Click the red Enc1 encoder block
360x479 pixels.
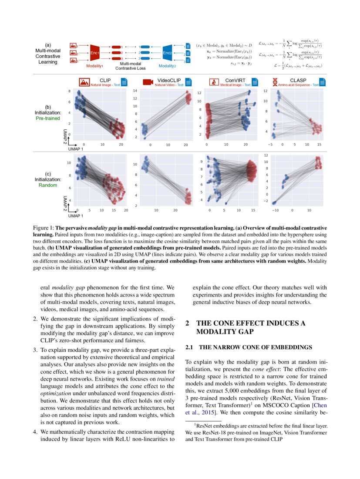click(x=95, y=53)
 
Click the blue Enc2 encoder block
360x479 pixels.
click(x=166, y=53)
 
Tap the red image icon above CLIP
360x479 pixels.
click(x=84, y=82)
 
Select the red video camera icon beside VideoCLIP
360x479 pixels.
click(x=148, y=82)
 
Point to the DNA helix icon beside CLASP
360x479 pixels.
click(x=275, y=82)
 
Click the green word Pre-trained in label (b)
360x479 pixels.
click(x=48, y=118)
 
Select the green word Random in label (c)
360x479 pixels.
click(x=48, y=185)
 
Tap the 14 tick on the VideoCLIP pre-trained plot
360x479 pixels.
click(x=135, y=91)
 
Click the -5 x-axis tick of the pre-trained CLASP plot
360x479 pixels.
click(x=270, y=144)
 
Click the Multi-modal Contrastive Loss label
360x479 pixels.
click(x=131, y=66)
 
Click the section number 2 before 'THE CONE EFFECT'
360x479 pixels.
click(x=187, y=323)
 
